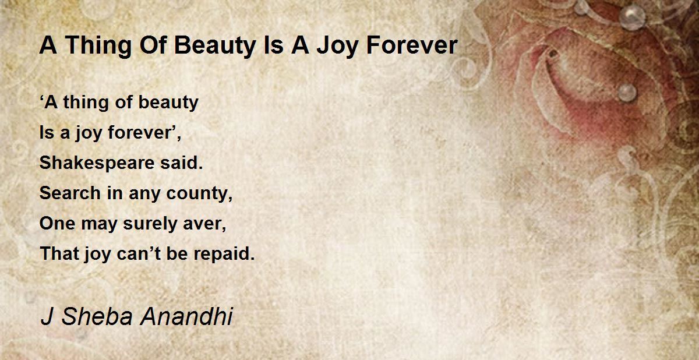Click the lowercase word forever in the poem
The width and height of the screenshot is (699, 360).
click(x=142, y=133)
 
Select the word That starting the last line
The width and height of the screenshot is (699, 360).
click(x=56, y=254)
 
